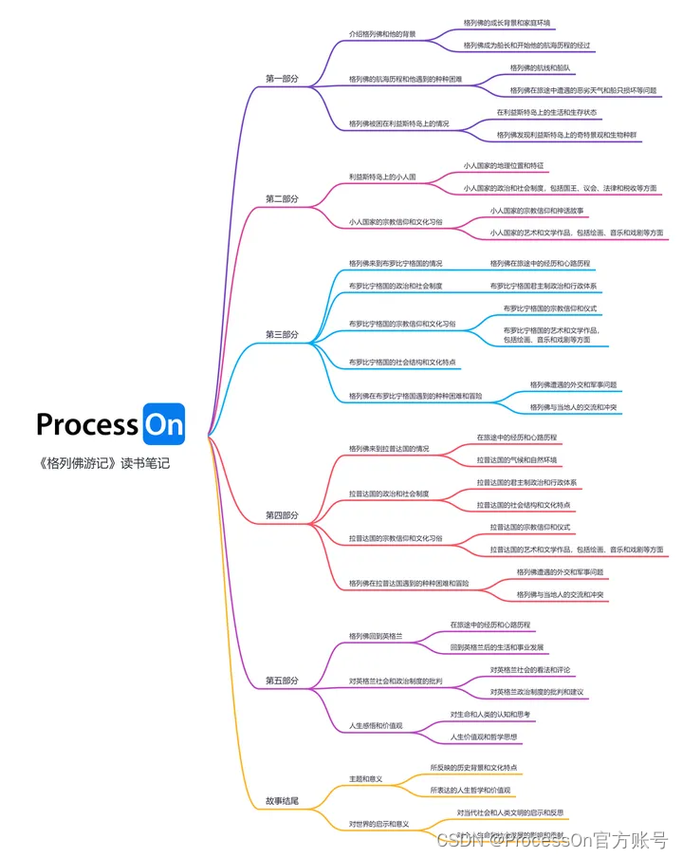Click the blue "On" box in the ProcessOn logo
pyautogui.click(x=162, y=424)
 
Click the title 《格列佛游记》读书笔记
pyautogui.click(x=104, y=464)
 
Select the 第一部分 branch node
pyautogui.click(x=282, y=79)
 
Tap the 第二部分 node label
pyautogui.click(x=282, y=199)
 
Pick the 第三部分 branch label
pyautogui.click(x=282, y=334)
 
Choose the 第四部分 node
pyautogui.click(x=282, y=515)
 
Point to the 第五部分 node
pyautogui.click(x=282, y=681)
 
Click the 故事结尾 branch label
pyautogui.click(x=282, y=802)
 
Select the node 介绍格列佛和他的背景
pyautogui.click(x=383, y=33)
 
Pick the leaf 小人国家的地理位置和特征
pyautogui.click(x=504, y=165)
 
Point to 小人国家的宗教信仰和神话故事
pyautogui.click(x=536, y=211)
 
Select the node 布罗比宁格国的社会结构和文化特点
pyautogui.click(x=403, y=362)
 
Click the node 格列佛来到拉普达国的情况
pyautogui.click(x=389, y=448)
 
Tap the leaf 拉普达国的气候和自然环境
pyautogui.click(x=517, y=459)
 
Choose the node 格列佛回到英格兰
pyautogui.click(x=376, y=636)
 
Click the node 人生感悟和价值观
pyautogui.click(x=376, y=726)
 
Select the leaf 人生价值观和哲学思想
pyautogui.click(x=486, y=737)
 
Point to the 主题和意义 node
pyautogui.click(x=365, y=778)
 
